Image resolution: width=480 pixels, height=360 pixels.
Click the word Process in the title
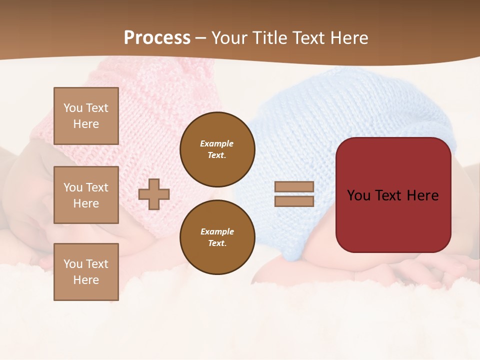(x=157, y=38)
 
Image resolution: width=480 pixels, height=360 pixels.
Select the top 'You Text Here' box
(x=86, y=116)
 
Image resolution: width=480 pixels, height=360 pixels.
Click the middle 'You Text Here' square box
(x=86, y=195)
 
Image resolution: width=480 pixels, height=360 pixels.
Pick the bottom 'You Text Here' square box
(x=86, y=272)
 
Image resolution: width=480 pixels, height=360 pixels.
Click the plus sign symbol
(x=154, y=194)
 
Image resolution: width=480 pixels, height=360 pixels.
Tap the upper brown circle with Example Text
(x=217, y=149)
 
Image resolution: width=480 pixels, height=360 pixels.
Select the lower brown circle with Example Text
(x=217, y=237)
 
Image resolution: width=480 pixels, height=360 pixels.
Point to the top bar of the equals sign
(x=294, y=186)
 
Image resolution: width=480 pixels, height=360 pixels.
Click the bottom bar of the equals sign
(x=294, y=201)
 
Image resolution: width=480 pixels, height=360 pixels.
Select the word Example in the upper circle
(x=217, y=143)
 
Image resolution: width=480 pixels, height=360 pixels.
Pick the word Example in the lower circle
(x=217, y=231)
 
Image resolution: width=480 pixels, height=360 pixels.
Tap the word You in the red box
(x=358, y=195)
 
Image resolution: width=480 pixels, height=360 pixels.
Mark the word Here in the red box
(x=422, y=195)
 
